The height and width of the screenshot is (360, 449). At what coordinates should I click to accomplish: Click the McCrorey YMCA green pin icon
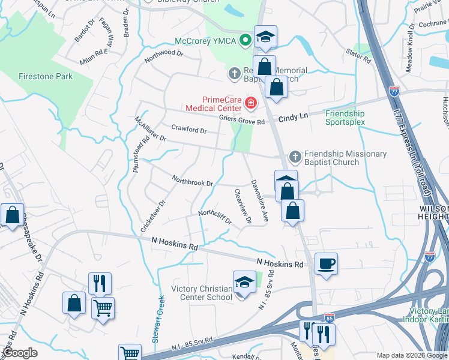point(245,41)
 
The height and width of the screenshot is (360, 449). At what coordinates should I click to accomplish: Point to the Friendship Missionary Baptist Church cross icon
point(295,157)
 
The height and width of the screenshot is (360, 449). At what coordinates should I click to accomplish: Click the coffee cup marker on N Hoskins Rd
point(326,264)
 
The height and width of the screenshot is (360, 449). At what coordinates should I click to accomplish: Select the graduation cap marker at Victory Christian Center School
point(244,282)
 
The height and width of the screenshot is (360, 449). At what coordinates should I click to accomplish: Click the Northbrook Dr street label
point(192,180)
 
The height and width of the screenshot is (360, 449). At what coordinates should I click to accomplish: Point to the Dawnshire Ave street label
point(259,201)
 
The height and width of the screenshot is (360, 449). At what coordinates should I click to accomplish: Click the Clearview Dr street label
point(243,205)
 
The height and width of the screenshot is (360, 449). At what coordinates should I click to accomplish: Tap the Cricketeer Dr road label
point(152,216)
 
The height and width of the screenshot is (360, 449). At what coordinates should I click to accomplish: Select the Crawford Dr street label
point(188,129)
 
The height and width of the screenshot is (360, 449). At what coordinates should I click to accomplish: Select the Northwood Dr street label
point(163,56)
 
